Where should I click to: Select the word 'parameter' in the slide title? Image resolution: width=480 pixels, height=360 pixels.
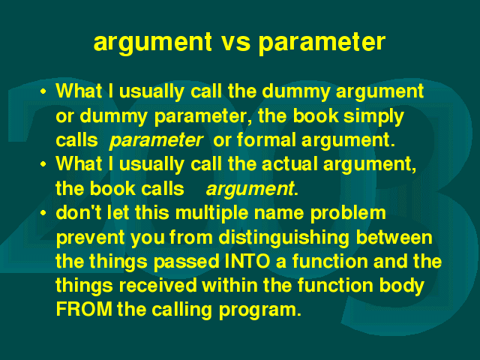(x=322, y=43)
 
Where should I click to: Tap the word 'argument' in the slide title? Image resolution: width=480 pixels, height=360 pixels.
(x=152, y=43)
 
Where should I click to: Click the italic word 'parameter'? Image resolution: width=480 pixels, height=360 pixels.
(x=155, y=141)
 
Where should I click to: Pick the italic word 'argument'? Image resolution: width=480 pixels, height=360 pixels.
(x=250, y=189)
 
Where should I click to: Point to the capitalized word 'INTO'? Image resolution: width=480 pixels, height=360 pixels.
(x=247, y=261)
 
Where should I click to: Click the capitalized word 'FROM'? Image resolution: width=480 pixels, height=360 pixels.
(x=84, y=309)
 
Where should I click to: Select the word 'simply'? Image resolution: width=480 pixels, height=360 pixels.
(x=373, y=117)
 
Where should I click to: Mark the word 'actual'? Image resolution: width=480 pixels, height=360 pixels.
(x=289, y=164)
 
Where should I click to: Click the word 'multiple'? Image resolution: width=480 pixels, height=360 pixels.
(x=211, y=213)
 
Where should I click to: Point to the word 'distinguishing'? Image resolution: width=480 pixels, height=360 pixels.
(x=283, y=238)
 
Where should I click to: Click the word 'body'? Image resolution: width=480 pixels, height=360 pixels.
(x=401, y=286)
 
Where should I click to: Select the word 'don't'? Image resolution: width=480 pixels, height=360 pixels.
(x=78, y=213)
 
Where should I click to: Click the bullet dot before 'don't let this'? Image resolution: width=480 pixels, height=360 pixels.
(x=43, y=212)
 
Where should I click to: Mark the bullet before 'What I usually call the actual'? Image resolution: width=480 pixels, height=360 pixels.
(x=43, y=164)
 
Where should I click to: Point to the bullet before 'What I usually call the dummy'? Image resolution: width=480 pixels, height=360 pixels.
(x=43, y=91)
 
